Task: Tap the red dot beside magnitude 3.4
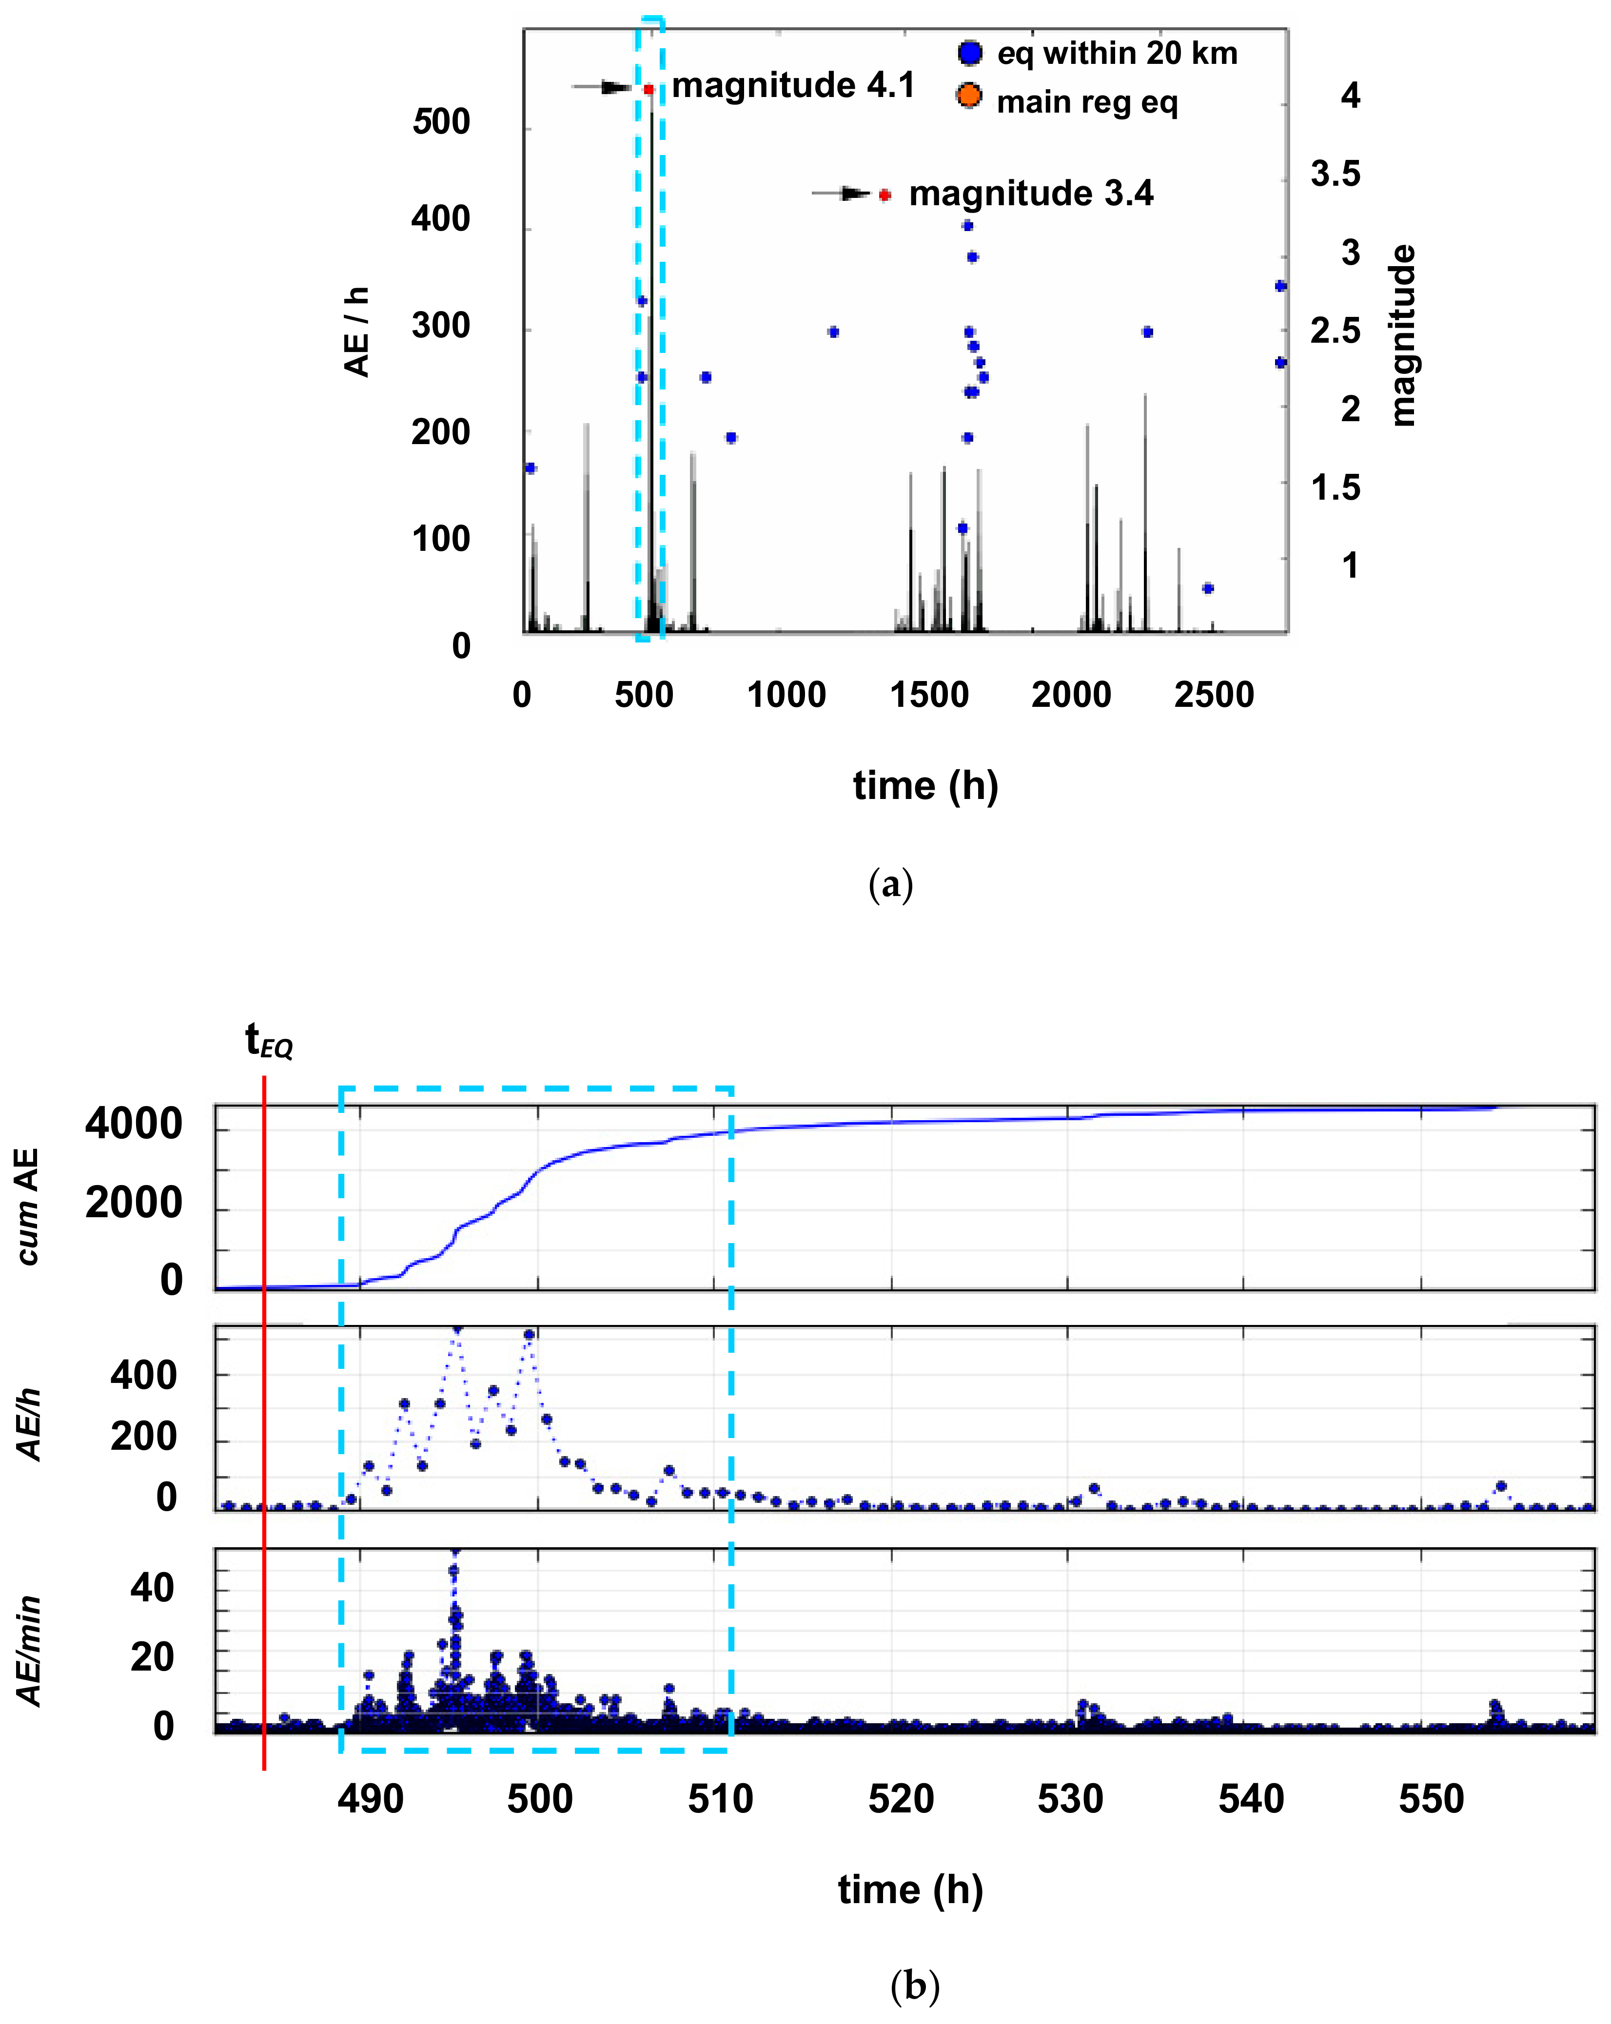[884, 195]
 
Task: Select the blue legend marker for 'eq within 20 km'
[970, 53]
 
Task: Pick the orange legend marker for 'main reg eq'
[969, 96]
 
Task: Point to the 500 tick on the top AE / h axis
[441, 122]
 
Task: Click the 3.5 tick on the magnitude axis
[1335, 174]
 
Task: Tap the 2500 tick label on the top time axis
[1214, 696]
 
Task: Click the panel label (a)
[890, 884]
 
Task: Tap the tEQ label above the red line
[269, 1041]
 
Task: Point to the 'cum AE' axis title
[28, 1207]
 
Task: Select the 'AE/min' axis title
[30, 1651]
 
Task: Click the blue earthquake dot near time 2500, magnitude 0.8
[1208, 588]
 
